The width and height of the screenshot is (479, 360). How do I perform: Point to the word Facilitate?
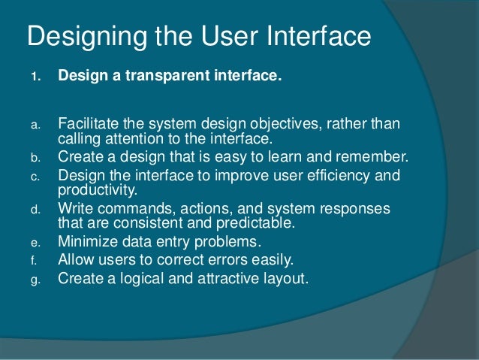tap(86, 123)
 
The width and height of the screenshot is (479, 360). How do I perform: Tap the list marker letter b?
tap(33, 158)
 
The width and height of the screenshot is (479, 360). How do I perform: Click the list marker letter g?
tap(33, 280)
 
